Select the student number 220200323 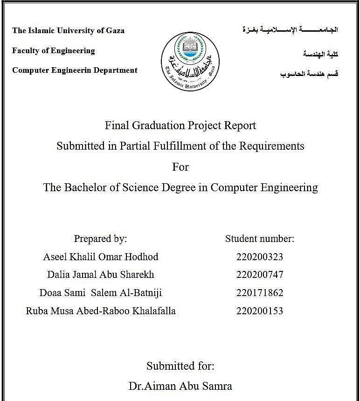click(x=260, y=257)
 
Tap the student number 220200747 click(x=260, y=275)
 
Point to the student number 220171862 click(x=260, y=293)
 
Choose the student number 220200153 click(x=260, y=311)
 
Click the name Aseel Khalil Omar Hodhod click(x=101, y=257)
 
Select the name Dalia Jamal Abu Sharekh click(x=101, y=275)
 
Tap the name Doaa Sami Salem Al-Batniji click(x=101, y=293)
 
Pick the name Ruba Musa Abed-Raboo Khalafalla click(x=101, y=311)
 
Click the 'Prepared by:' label click(x=100, y=239)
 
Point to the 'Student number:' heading click(x=260, y=239)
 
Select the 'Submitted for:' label click(x=180, y=366)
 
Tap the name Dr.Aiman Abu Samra click(x=180, y=386)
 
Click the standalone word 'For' click(x=180, y=166)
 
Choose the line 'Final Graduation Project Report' click(x=180, y=125)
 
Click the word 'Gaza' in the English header click(x=115, y=31)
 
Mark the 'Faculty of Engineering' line click(x=54, y=51)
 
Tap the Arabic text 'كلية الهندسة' click(x=320, y=55)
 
